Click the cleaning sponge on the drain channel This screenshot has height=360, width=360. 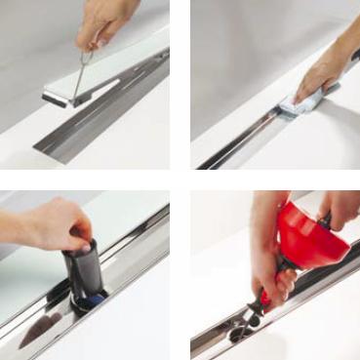(298, 103)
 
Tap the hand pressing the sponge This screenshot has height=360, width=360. (327, 73)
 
